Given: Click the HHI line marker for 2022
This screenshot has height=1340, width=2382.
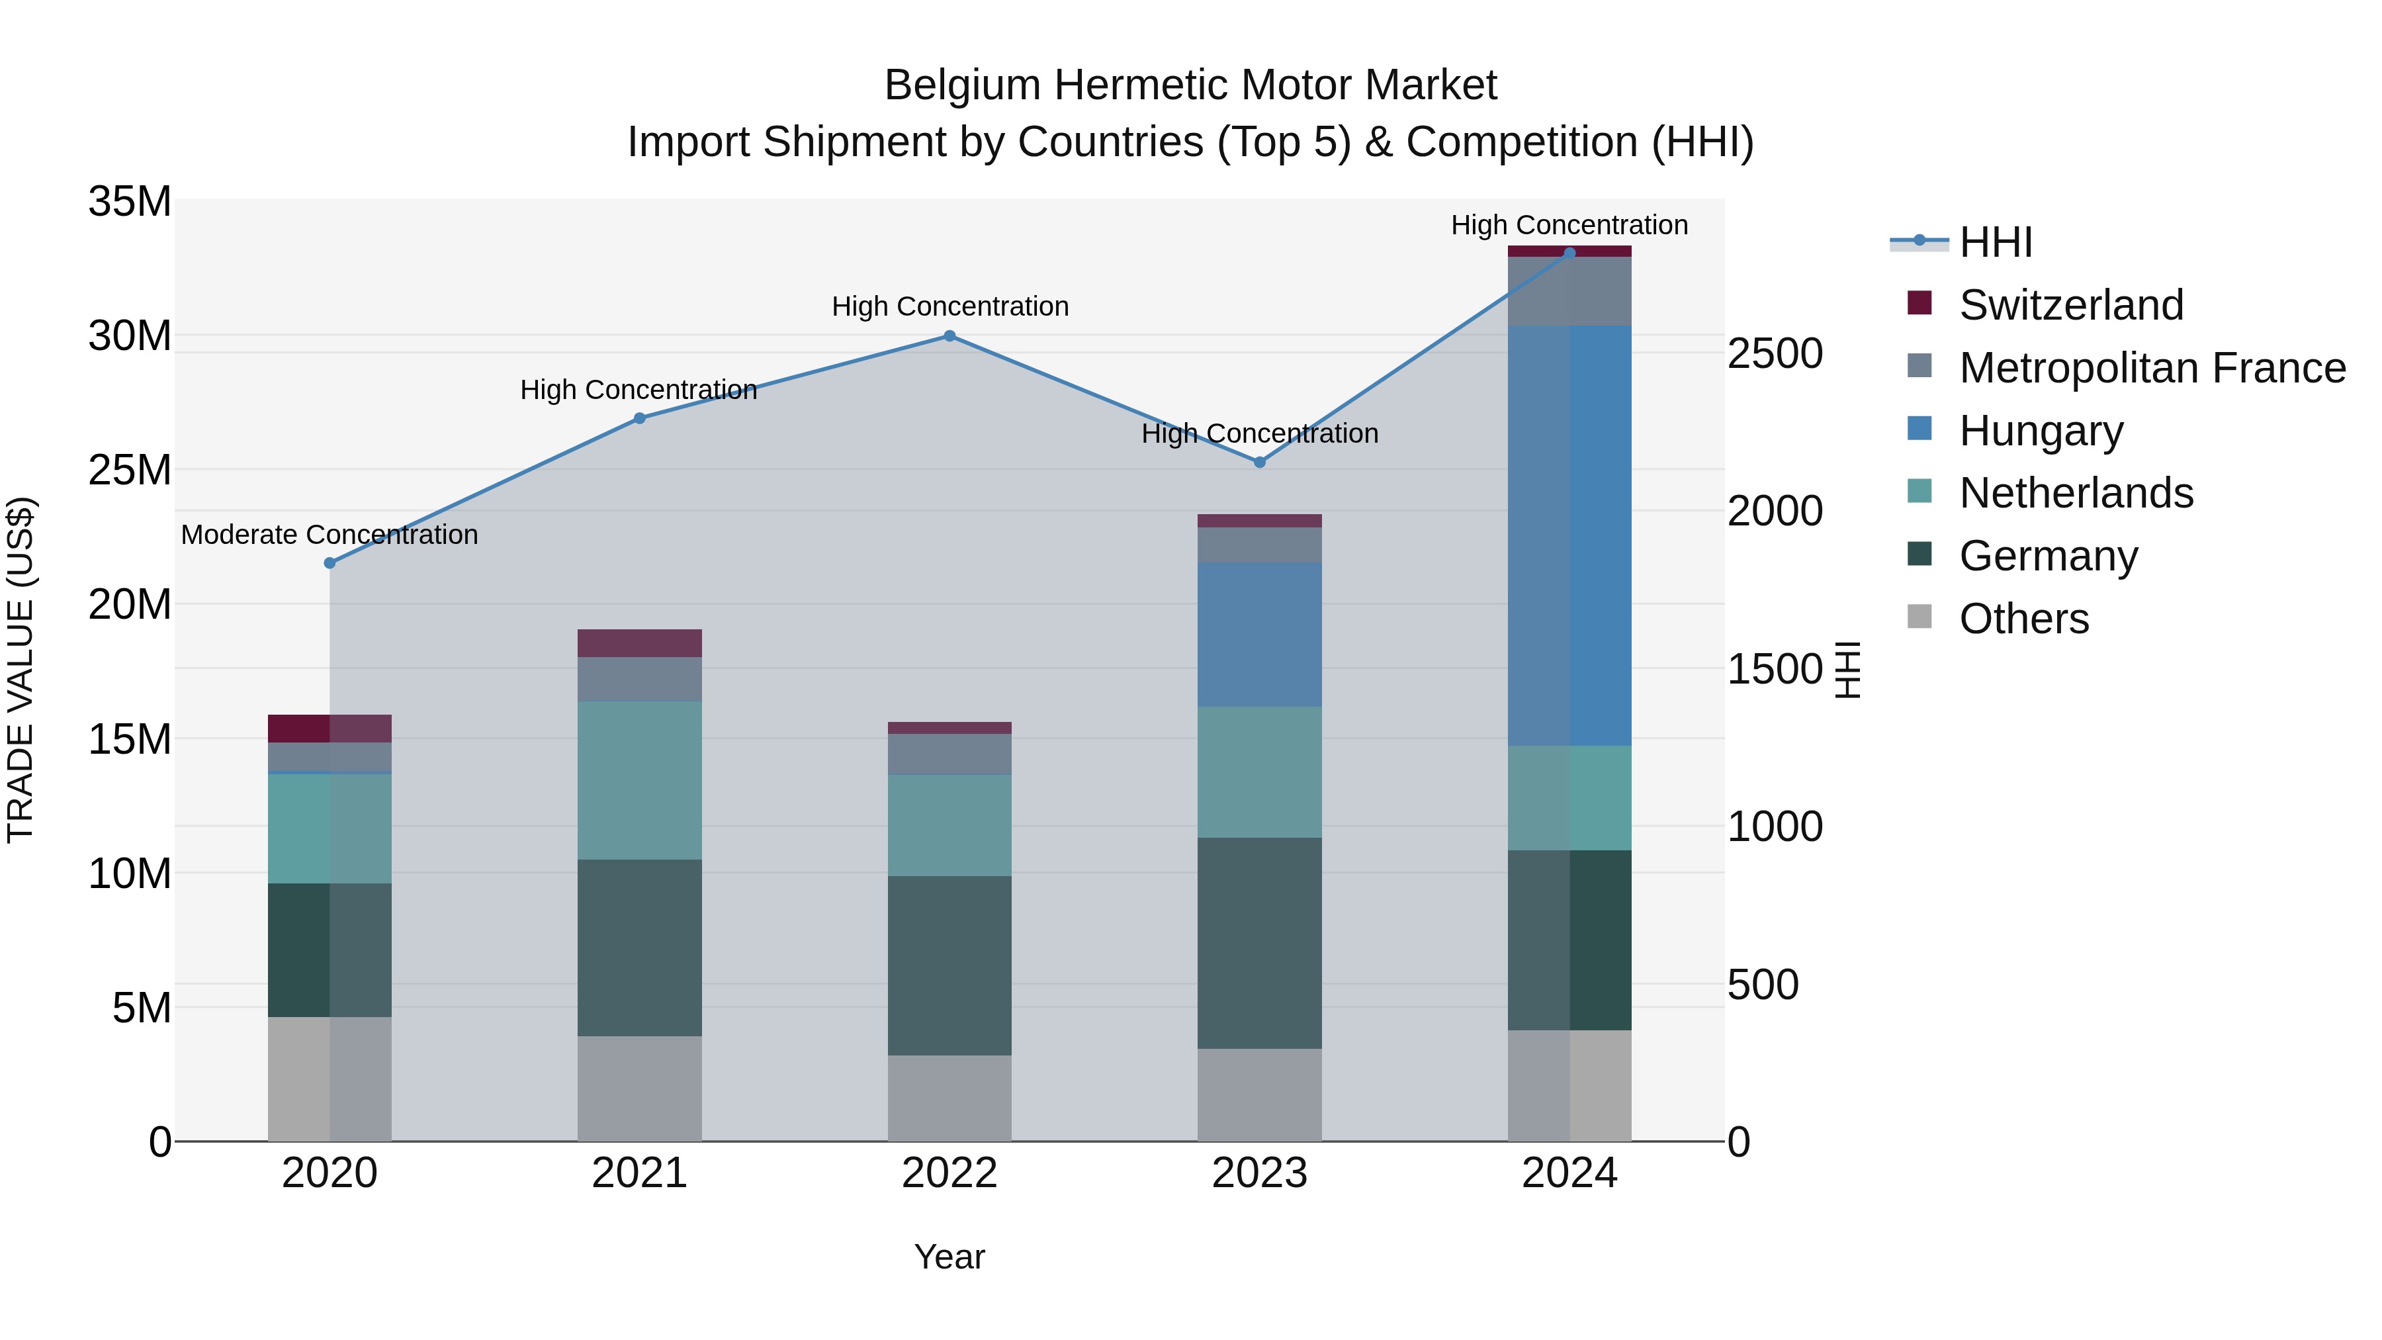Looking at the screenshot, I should [x=949, y=337].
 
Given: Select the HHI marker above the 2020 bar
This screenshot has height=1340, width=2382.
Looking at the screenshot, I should [x=330, y=563].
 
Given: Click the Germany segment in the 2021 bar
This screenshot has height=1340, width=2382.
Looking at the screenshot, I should [x=640, y=948].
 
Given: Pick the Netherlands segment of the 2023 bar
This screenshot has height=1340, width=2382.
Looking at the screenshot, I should [x=1259, y=772].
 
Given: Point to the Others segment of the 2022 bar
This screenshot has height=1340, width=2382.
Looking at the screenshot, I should [x=949, y=1098].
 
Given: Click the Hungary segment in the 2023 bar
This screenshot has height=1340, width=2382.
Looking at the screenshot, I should [x=1259, y=635].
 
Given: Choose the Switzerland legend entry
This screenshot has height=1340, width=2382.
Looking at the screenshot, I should [x=2070, y=305].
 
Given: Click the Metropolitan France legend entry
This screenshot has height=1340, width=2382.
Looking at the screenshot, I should [x=2152, y=368].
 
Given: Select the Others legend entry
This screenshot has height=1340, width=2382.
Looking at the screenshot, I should [x=2023, y=619].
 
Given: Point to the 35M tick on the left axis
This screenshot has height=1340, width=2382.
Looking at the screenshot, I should [x=130, y=202].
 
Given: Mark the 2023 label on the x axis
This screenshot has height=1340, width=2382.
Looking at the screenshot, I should [x=1259, y=1173].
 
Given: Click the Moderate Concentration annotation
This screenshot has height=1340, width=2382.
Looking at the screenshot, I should [x=330, y=535].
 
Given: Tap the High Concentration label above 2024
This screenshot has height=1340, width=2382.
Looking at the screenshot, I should [x=1569, y=225].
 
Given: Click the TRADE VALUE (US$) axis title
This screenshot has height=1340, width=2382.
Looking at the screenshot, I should [x=21, y=670].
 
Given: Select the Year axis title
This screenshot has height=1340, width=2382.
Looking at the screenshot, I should [x=949, y=1257].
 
